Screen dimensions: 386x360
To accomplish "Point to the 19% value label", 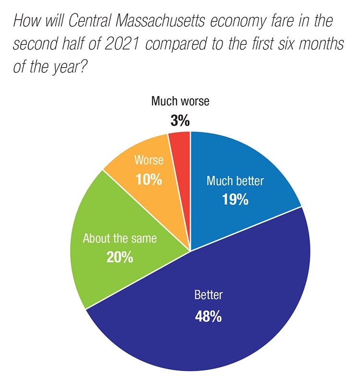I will [235, 199].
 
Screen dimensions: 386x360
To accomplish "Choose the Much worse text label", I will [180, 102].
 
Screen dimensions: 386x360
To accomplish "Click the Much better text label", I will [235, 181].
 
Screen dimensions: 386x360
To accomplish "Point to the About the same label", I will [120, 238].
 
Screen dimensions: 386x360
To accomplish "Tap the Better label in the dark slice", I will [208, 295].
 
